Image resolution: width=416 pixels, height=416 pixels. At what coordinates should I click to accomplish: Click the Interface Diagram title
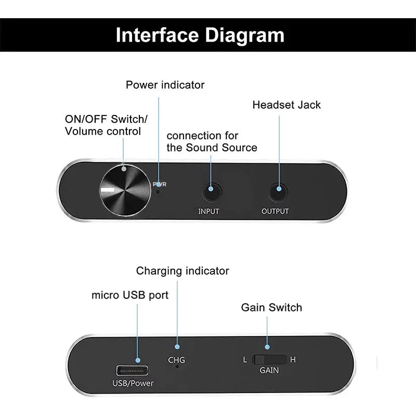(200, 35)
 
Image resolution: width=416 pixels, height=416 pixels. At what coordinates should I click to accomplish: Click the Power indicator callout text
(165, 84)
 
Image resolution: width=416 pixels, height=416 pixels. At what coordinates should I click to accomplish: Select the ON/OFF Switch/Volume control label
(106, 125)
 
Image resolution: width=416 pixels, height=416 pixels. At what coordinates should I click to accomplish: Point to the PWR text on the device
(160, 184)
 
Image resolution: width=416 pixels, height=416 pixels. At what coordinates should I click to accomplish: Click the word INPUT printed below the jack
(209, 212)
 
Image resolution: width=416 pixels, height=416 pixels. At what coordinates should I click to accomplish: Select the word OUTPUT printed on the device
(275, 212)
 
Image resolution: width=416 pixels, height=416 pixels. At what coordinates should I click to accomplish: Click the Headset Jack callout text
(287, 105)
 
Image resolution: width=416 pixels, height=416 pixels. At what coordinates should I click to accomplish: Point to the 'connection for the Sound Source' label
(212, 141)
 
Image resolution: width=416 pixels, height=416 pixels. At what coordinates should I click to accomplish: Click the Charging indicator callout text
(183, 271)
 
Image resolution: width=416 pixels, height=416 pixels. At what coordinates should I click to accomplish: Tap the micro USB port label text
(130, 295)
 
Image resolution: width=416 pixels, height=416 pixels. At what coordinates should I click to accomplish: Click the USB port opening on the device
(133, 371)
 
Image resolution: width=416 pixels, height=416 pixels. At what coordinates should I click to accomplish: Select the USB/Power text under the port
(133, 384)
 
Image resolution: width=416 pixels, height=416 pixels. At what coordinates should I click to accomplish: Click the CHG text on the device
(176, 360)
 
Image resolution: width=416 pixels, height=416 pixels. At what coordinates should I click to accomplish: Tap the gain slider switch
(269, 359)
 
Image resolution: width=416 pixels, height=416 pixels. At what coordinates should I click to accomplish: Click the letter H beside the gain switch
(293, 359)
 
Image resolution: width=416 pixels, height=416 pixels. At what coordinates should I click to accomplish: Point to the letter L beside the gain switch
(245, 359)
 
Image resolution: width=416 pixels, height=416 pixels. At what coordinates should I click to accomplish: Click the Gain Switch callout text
(271, 307)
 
